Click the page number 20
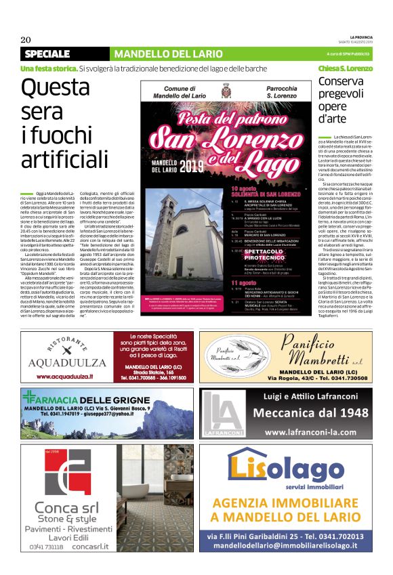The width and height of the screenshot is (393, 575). (26, 39)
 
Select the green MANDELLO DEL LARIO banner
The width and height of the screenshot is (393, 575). (169, 54)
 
